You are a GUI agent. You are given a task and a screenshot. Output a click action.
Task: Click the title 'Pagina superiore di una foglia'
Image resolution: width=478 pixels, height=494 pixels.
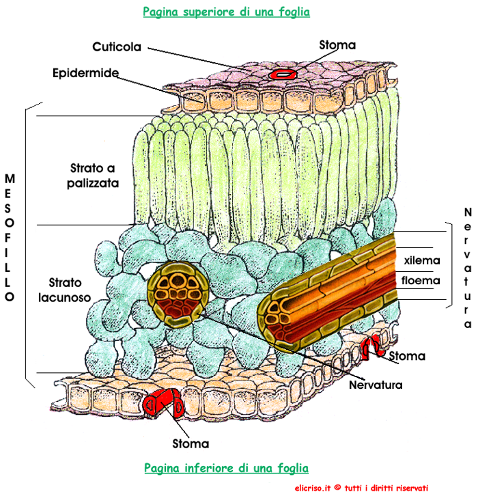pos(225,12)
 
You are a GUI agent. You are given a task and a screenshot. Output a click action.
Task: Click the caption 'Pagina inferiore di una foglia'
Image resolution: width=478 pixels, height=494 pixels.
pos(226,468)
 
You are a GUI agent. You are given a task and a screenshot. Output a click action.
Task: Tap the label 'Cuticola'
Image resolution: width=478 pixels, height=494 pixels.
pos(117,47)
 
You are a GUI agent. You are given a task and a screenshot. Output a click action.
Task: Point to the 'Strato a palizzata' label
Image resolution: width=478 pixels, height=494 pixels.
pos(94,175)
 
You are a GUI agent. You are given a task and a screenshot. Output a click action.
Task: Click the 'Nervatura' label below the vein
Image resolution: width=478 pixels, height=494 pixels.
pos(376,384)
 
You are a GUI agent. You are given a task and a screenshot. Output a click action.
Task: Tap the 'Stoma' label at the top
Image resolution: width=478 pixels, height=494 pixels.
pos(337,45)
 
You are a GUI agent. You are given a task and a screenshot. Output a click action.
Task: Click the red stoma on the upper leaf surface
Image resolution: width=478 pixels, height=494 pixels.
pos(281,72)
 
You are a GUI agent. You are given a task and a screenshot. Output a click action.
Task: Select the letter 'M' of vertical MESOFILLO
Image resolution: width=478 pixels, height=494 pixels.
pos(10,178)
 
